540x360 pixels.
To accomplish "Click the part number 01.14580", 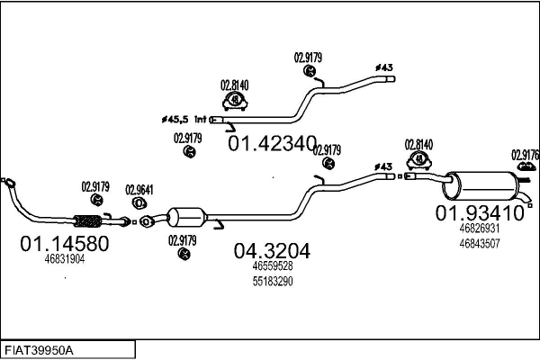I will pyautogui.click(x=64, y=243).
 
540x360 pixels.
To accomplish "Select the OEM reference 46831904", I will pyautogui.click(x=64, y=259).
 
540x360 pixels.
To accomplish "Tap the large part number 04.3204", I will pyautogui.click(x=272, y=250).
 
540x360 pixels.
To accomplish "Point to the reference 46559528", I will pyautogui.click(x=272, y=266).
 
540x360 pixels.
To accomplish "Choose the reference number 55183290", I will pyautogui.click(x=272, y=281).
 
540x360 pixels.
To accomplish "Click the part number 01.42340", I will pyautogui.click(x=272, y=142).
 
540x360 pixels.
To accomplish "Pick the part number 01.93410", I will pyautogui.click(x=480, y=213).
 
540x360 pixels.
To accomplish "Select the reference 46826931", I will pyautogui.click(x=479, y=229).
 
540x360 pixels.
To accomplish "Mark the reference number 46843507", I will pyautogui.click(x=479, y=242).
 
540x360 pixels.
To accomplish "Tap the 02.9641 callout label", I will pyautogui.click(x=139, y=189).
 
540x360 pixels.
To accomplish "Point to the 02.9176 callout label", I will pyautogui.click(x=525, y=154).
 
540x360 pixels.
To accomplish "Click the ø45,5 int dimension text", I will pyautogui.click(x=184, y=118).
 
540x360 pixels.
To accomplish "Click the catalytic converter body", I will pyautogui.click(x=188, y=218).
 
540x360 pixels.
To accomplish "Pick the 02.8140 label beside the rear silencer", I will pyautogui.click(x=418, y=144).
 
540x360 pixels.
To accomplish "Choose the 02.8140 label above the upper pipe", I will pyautogui.click(x=235, y=86).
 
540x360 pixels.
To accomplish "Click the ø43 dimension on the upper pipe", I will pyautogui.click(x=383, y=67).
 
